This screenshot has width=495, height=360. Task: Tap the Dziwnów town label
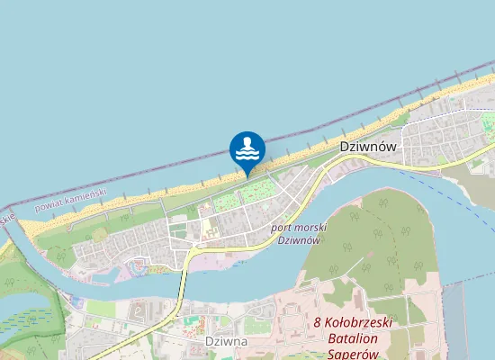click(368, 145)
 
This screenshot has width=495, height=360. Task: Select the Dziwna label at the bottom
click(226, 342)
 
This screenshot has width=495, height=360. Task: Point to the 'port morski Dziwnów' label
click(297, 234)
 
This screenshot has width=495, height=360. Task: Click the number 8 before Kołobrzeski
click(317, 322)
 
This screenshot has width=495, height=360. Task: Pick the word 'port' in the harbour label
click(281, 229)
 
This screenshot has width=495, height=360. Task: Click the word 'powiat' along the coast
click(49, 205)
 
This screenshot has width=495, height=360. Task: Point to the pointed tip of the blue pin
click(247, 176)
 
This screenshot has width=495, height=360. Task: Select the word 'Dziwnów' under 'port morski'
click(298, 240)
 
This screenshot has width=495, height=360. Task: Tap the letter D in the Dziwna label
click(210, 342)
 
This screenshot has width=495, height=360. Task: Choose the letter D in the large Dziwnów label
click(345, 145)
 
